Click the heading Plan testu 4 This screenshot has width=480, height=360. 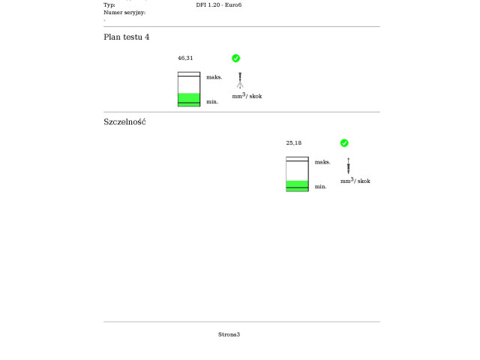(127, 37)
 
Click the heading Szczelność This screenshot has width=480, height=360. (124, 122)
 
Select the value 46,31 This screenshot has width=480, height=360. (185, 58)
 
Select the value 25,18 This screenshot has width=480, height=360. (294, 143)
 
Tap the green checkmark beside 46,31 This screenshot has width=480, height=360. (235, 58)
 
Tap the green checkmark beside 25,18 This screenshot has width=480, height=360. (344, 143)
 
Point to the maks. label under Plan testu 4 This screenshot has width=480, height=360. (214, 77)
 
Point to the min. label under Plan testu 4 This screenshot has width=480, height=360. (212, 102)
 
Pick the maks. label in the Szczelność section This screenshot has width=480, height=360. (322, 162)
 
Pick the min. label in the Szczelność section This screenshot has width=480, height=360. (320, 187)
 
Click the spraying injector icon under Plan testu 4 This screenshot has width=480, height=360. (240, 80)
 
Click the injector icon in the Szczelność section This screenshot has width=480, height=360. (348, 166)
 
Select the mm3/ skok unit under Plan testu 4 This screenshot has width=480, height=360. (247, 96)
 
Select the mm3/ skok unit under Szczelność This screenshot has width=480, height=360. (355, 181)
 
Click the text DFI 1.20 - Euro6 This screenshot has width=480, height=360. (219, 5)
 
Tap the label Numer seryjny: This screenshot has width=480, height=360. (124, 13)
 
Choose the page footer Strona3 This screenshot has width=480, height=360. (229, 334)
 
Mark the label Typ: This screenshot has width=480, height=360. (109, 5)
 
